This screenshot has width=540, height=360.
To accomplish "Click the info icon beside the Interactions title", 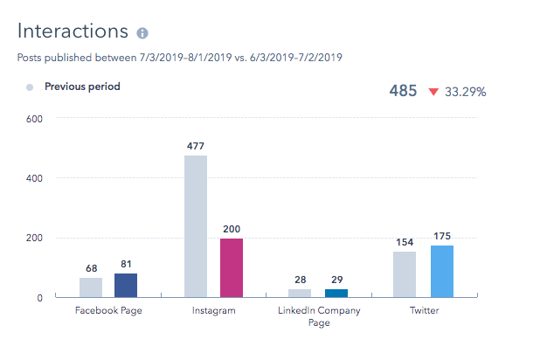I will pos(142,33).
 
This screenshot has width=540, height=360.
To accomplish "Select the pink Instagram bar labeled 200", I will pos(232,267).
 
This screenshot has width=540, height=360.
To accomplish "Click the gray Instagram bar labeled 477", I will pos(196,226).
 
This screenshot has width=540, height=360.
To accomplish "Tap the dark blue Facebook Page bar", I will pos(126,286).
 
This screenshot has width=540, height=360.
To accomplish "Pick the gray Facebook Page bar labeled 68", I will pos(91,287).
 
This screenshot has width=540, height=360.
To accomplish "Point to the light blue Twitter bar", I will pos(442,271).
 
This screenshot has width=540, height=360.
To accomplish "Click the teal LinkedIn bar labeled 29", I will pos(336,294).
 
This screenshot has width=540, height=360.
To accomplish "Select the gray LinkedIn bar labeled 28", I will pos(300,294).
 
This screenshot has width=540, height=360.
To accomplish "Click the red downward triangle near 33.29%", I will pos(432,91).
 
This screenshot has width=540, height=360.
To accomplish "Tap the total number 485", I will pos(402,91).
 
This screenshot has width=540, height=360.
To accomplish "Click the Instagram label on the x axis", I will pos(213,310).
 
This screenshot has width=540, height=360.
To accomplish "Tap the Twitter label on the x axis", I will pos(424,310).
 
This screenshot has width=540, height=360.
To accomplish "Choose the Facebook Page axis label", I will pos(108,310).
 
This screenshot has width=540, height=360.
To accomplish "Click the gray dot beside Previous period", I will pos(30,87).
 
